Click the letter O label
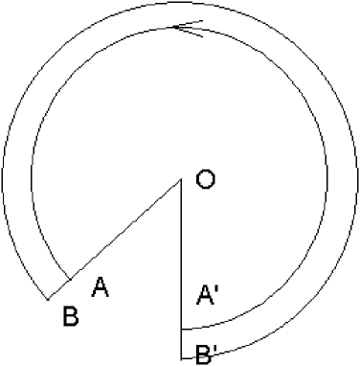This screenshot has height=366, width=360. coord(204,179)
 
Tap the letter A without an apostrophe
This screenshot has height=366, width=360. coord(100,286)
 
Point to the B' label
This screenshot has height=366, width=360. coord(205,355)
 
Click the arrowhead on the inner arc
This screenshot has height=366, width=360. coord(188,30)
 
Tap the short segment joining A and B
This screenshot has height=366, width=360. coord(59,290)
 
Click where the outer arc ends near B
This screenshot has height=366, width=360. coord(49,300)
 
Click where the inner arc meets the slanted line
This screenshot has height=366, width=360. coord(71,280)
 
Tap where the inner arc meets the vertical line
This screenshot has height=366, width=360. coord(182,328)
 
